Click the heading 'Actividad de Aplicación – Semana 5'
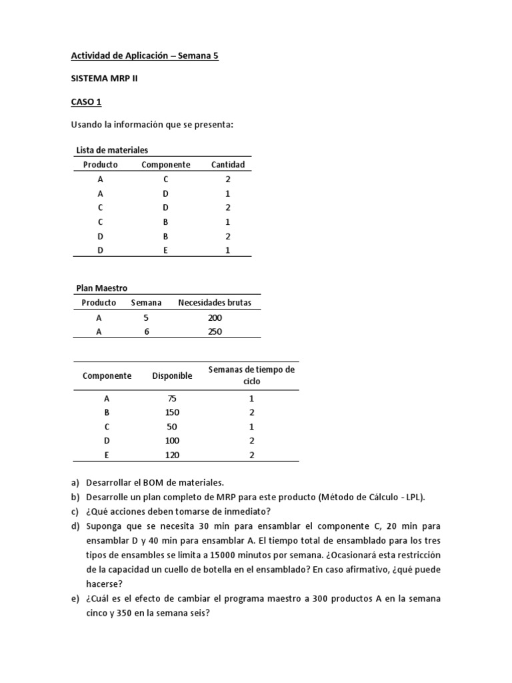(145, 56)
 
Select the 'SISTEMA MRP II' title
(105, 79)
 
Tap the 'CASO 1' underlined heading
(86, 102)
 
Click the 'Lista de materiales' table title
(112, 150)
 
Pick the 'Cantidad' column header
(228, 165)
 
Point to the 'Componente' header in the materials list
(165, 165)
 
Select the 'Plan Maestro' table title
(101, 288)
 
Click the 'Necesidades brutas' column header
(215, 303)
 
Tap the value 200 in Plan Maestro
(215, 317)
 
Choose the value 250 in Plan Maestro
(215, 331)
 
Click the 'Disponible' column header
(172, 376)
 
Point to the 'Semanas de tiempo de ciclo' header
(251, 376)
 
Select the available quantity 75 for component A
(172, 398)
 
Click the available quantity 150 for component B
(172, 412)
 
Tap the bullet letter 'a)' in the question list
(76, 482)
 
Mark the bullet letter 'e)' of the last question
(76, 599)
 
